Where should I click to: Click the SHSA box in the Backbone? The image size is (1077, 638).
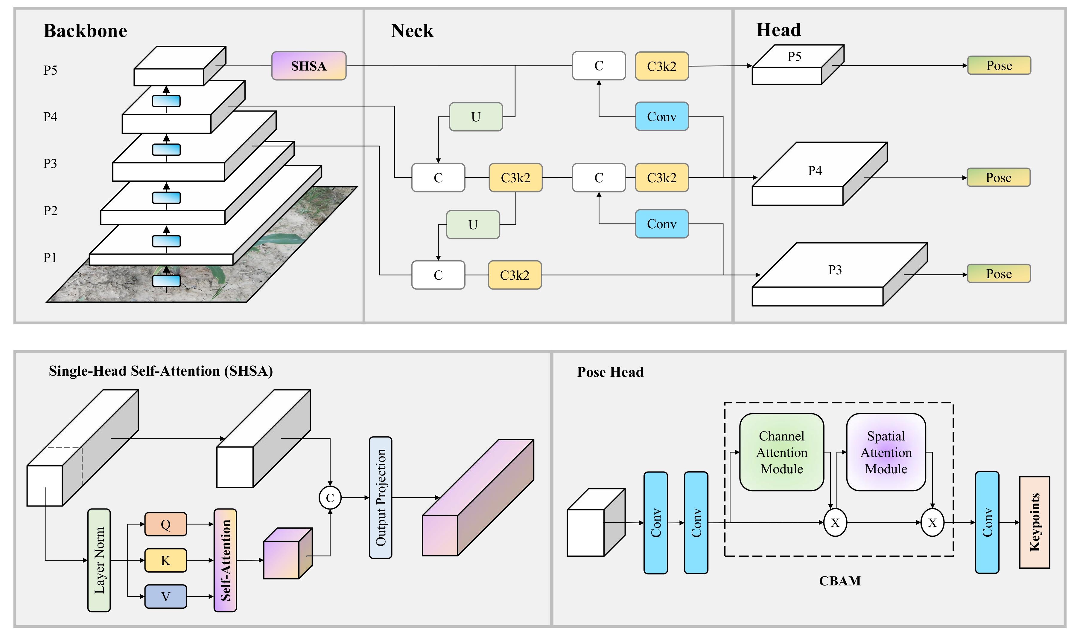coord(308,66)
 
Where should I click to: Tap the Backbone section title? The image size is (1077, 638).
coord(85,31)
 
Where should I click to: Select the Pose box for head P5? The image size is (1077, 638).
coord(999,65)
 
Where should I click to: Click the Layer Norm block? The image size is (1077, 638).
coord(99,560)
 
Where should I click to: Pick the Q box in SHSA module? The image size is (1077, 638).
coord(166,524)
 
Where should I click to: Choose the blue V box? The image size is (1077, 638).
coord(166,596)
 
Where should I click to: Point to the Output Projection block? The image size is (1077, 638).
coord(380,498)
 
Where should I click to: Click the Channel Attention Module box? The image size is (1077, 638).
coord(781,452)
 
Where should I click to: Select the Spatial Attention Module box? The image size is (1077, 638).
coord(886,452)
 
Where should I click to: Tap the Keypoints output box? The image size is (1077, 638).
coord(1035,522)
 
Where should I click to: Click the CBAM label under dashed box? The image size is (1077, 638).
coord(839,581)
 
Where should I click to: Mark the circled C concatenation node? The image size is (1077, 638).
coord(330,498)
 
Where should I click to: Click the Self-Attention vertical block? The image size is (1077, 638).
coord(225,560)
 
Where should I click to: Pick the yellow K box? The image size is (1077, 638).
coord(166,560)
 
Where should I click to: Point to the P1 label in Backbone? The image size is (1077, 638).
coord(50,258)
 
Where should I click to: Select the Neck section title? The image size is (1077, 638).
coord(412,31)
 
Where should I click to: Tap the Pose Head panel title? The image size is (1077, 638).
coord(610,372)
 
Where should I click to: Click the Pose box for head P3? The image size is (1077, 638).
coord(999,273)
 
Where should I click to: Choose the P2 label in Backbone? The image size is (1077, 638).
coord(50,211)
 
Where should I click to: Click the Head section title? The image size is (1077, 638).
coord(778,30)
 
